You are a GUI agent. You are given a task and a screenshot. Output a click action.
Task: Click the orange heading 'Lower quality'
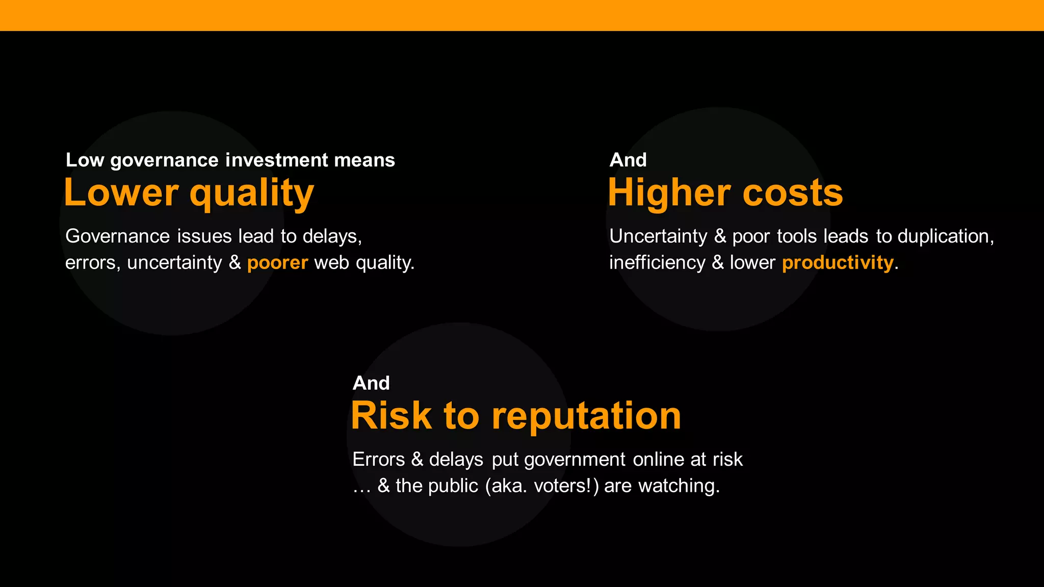(x=189, y=193)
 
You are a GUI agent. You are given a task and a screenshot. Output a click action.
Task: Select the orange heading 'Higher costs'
(x=725, y=193)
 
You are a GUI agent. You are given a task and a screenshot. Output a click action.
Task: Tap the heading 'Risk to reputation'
(x=515, y=416)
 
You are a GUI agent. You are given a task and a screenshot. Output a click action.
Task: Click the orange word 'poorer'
(x=277, y=263)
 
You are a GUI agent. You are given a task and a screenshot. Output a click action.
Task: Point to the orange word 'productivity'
(x=838, y=263)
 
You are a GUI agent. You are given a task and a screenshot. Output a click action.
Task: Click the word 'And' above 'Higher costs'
(x=628, y=160)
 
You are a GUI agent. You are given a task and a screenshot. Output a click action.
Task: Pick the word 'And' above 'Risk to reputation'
(x=371, y=383)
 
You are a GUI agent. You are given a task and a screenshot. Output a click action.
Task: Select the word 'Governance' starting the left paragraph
(x=117, y=236)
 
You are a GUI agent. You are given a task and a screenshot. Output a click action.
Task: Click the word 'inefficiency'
(x=657, y=263)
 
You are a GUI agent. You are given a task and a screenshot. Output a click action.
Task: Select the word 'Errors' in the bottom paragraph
(x=378, y=460)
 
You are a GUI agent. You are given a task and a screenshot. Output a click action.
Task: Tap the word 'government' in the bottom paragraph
(x=575, y=460)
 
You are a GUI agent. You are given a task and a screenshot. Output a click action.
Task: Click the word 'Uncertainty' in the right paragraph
(x=658, y=236)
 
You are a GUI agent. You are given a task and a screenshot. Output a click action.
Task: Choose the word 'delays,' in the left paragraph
(x=332, y=236)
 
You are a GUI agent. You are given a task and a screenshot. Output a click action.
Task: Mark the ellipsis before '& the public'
(x=361, y=488)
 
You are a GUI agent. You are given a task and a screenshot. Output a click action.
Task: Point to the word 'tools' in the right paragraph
(x=797, y=236)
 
